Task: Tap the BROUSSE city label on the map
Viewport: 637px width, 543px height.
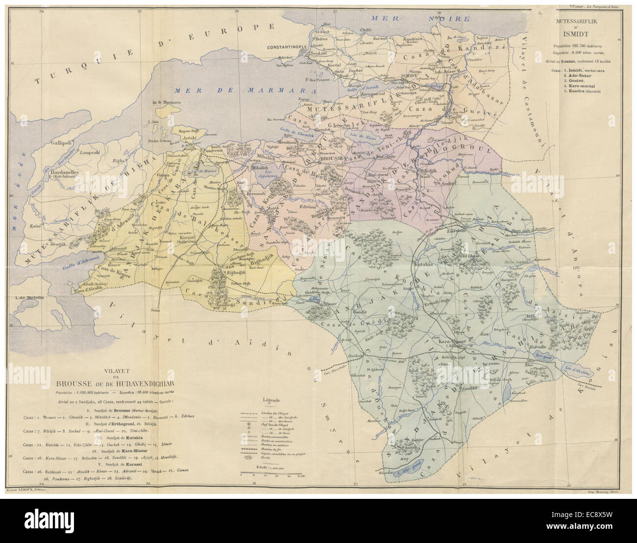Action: (330, 159)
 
